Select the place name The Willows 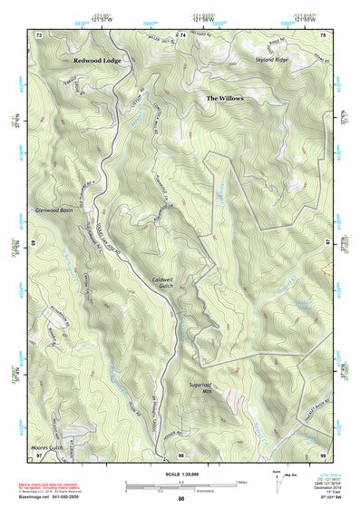pos(225,97)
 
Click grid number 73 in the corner pos(39,34)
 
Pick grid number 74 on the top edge pos(182,34)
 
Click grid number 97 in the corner pos(39,454)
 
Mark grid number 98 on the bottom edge pos(181,454)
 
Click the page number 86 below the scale pos(181,499)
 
